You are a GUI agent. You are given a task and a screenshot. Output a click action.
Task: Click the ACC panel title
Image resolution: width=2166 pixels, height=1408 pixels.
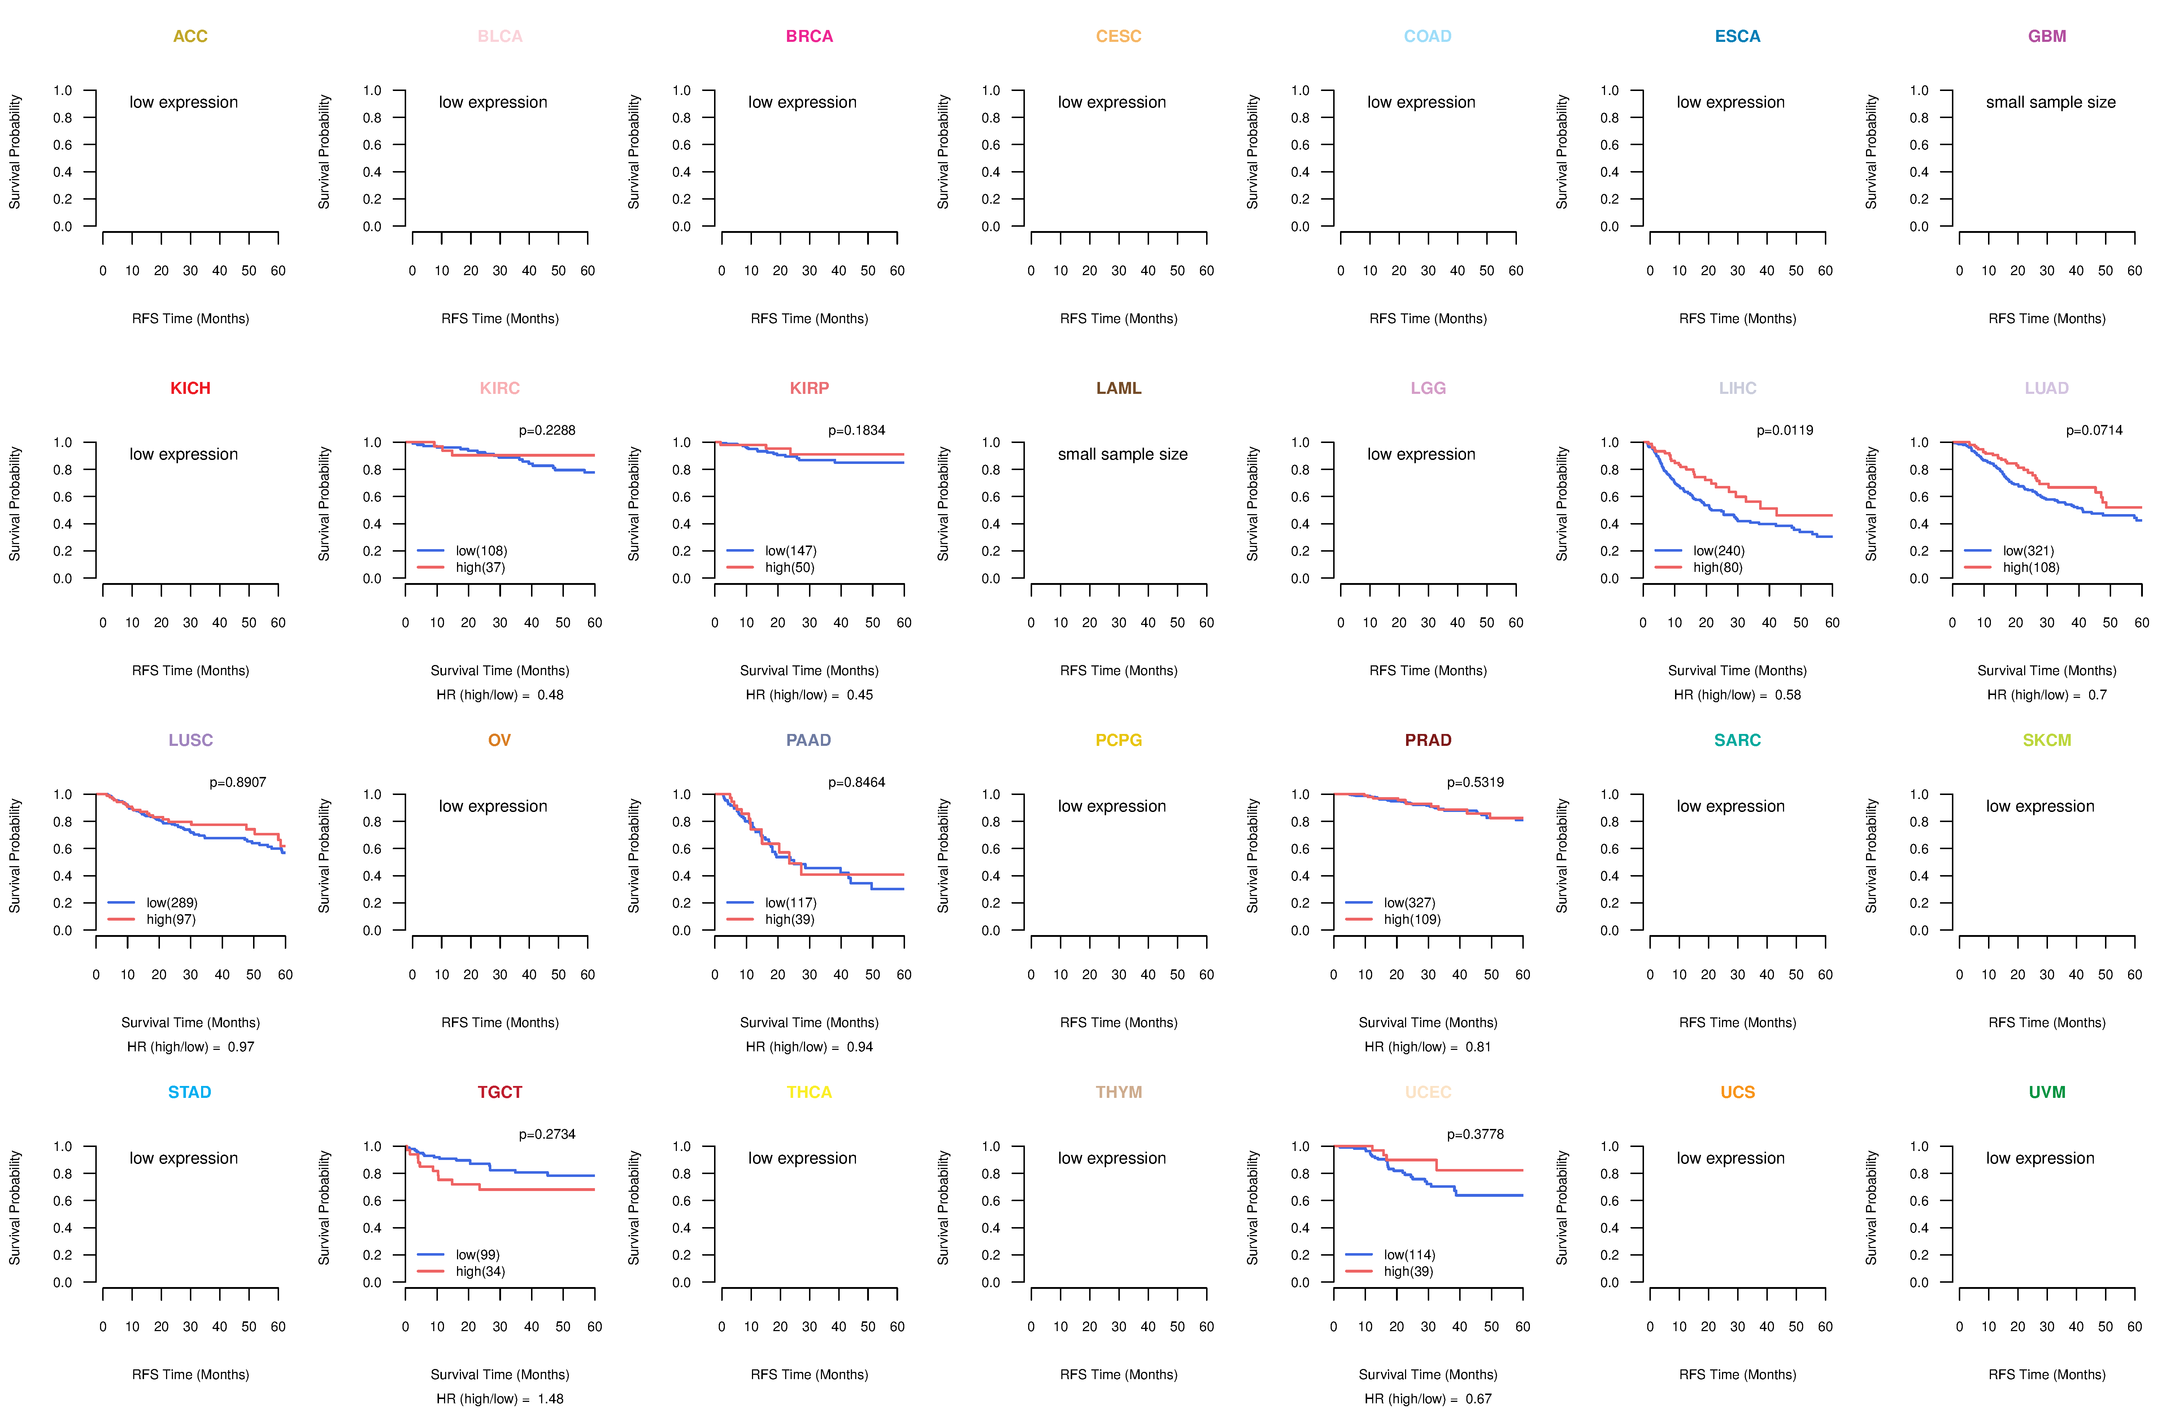pos(190,36)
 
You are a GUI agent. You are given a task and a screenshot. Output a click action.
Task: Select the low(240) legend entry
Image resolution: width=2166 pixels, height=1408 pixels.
pos(1718,551)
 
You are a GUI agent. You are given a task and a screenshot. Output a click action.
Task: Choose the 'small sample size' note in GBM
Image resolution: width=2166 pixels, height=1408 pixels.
pos(2050,102)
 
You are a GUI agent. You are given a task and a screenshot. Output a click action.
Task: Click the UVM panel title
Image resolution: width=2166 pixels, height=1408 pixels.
pos(2047,1092)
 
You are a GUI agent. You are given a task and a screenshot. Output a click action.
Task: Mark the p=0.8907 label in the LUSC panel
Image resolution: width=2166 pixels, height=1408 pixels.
pos(238,783)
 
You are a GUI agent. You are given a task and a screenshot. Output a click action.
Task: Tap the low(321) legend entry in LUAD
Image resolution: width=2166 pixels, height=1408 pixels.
pos(2028,551)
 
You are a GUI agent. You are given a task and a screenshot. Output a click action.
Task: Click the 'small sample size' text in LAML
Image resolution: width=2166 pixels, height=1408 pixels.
pos(1122,454)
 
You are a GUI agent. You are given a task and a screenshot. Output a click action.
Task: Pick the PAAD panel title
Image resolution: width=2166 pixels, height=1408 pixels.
pos(808,740)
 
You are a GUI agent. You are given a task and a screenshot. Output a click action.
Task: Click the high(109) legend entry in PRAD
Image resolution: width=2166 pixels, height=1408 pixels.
pos(1412,919)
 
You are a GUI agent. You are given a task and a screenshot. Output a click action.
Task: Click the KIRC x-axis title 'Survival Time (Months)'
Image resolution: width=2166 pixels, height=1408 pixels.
pos(500,671)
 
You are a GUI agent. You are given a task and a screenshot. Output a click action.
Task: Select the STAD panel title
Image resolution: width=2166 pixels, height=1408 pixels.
pos(189,1092)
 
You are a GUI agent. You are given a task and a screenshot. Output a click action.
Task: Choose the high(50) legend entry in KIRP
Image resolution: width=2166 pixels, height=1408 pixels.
pos(789,567)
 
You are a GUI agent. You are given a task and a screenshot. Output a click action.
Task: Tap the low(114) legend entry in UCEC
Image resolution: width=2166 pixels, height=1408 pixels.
pos(1409,1255)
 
